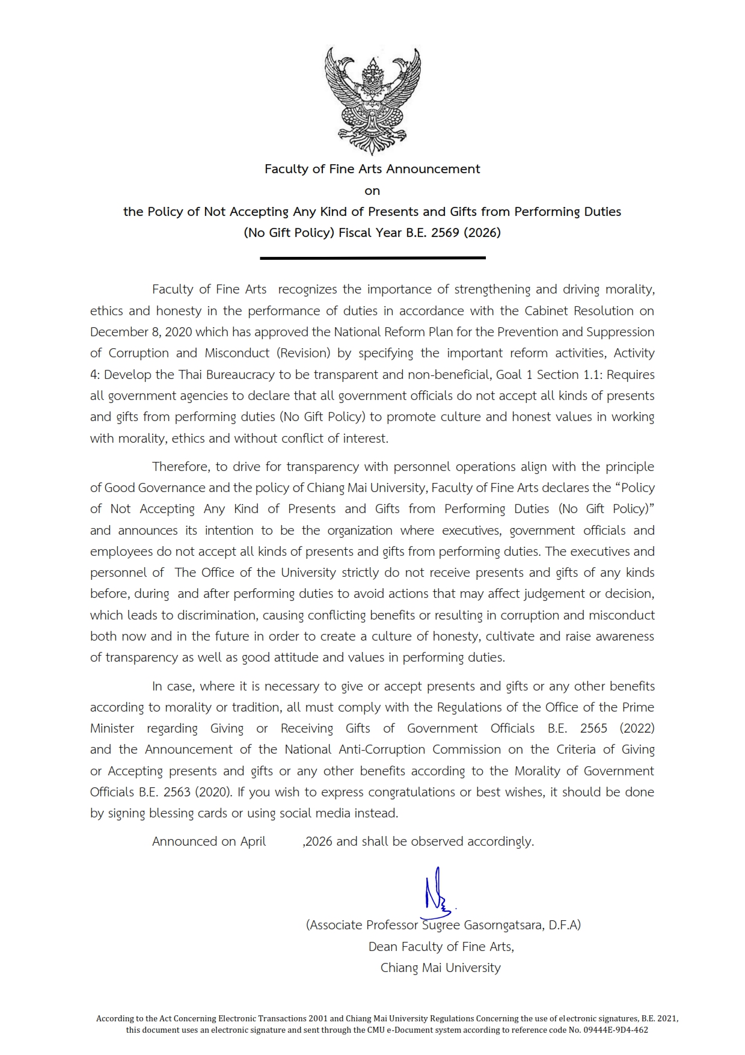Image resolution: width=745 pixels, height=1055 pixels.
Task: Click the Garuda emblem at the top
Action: click(x=372, y=101)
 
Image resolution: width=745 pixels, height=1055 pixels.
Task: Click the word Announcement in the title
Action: click(x=433, y=169)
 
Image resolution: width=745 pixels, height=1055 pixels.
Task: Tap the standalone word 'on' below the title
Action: click(x=372, y=191)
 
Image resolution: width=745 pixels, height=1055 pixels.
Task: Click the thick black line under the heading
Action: click(x=372, y=258)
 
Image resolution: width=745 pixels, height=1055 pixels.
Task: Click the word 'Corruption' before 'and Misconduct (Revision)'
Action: click(x=138, y=353)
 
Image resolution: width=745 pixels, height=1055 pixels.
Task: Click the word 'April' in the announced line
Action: click(x=253, y=841)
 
